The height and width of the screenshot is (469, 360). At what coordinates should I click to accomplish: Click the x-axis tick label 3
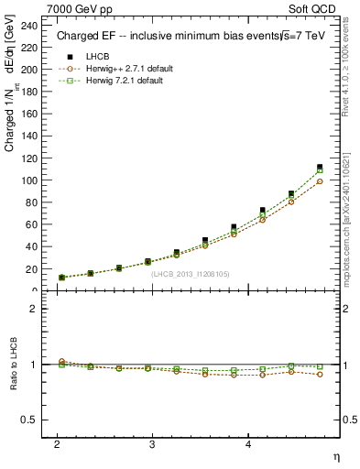pyautogui.click(x=152, y=443)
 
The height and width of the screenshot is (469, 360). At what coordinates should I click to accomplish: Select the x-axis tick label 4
pyautogui.click(x=248, y=443)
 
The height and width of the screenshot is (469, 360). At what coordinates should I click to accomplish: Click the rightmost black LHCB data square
pyautogui.click(x=320, y=167)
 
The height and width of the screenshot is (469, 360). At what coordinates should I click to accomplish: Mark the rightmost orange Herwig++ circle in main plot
pyautogui.click(x=320, y=181)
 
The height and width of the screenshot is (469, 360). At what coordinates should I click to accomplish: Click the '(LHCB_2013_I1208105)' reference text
pyautogui.click(x=190, y=273)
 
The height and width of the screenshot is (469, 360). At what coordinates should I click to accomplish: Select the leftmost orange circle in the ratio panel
pyautogui.click(x=61, y=362)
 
